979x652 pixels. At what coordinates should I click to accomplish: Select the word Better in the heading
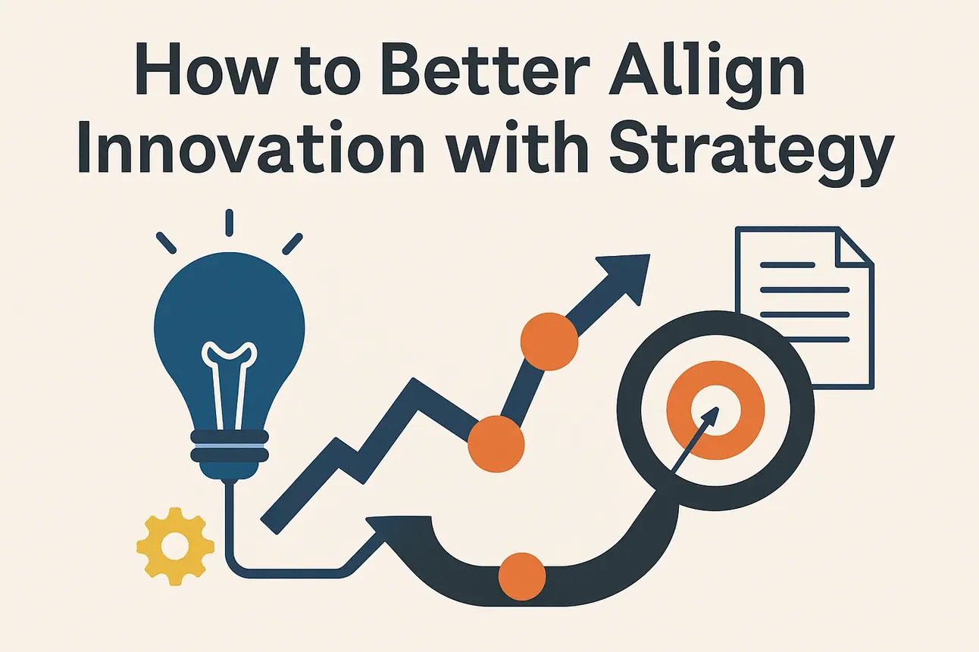[x=484, y=69]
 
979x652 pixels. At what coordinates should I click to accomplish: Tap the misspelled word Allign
[x=706, y=74]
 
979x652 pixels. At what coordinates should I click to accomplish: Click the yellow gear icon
[x=175, y=546]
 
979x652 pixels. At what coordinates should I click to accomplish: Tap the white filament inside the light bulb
[x=229, y=384]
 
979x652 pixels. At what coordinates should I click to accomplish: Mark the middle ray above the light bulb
[x=229, y=223]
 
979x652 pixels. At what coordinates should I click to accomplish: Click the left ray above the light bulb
[x=166, y=242]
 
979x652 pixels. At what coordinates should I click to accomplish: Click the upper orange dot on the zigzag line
[x=549, y=342]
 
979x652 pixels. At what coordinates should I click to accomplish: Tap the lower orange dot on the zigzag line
[x=496, y=444]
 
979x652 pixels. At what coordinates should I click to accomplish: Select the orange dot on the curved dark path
[x=522, y=576]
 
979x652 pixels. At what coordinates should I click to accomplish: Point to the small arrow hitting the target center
[x=695, y=440]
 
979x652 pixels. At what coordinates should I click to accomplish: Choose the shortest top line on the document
[x=787, y=264]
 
